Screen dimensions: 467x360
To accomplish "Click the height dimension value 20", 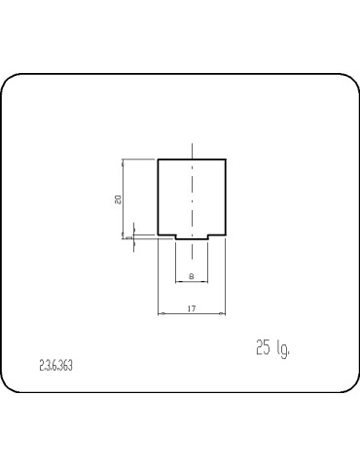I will [118, 198].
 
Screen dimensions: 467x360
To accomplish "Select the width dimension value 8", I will [192, 276].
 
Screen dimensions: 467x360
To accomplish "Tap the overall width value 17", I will [192, 308].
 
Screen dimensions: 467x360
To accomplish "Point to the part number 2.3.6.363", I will [56, 366].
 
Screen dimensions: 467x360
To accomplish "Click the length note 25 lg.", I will [272, 347].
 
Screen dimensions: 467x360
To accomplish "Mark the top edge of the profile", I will [192, 160].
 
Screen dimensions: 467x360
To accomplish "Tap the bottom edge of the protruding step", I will [192, 241].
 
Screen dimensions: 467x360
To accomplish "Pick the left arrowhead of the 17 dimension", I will [161, 313].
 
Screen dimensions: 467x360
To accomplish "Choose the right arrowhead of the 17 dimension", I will [223, 313].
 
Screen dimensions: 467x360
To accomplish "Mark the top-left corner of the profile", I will [158, 160].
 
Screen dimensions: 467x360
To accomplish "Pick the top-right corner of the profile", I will [226, 160].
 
